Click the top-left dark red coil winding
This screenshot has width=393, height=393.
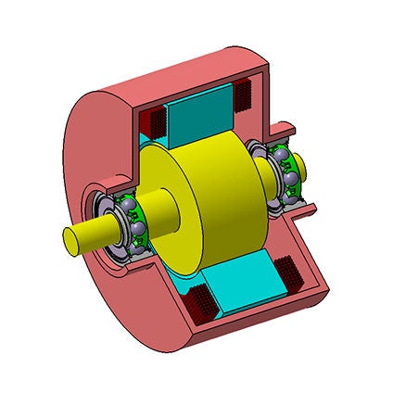pyautogui.click(x=152, y=119)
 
